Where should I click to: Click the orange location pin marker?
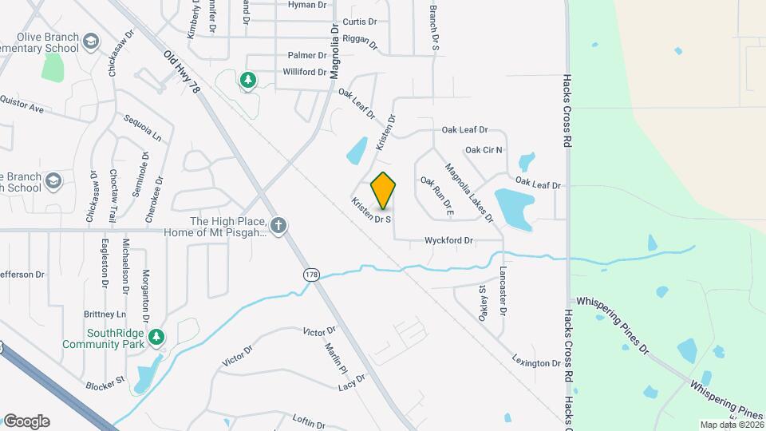coord(384,191)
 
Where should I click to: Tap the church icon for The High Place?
coord(278,226)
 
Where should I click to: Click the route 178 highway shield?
coord(310,275)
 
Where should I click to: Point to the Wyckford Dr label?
coord(449,240)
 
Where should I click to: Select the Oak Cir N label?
coord(484,149)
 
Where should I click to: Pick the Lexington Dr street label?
coord(537,362)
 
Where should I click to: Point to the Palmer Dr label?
coord(307,56)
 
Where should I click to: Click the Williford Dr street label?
coord(304,72)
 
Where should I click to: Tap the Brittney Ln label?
coord(110,314)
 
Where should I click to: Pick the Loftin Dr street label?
coord(310,422)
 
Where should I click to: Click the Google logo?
coord(26,421)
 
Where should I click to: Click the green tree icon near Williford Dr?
coord(248,80)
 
